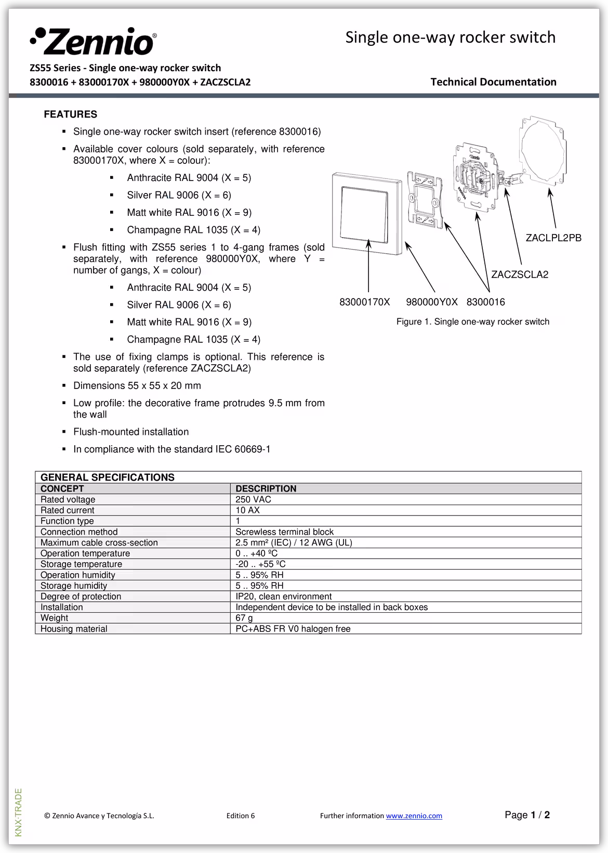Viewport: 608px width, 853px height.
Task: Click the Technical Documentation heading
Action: (493, 82)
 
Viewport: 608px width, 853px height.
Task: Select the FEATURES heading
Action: (70, 114)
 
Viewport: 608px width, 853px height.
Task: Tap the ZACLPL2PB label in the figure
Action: (553, 238)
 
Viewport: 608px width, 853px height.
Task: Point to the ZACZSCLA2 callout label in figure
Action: (520, 275)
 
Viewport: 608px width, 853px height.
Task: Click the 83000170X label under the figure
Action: (364, 302)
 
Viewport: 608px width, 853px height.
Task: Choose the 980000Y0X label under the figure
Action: (431, 302)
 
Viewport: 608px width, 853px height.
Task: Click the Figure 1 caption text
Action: (472, 322)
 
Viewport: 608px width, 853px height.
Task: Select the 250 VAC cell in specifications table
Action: (253, 499)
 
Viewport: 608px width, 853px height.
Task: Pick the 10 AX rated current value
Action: (247, 510)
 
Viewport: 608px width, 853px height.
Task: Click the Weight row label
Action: (55, 618)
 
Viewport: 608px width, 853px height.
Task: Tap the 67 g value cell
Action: (244, 618)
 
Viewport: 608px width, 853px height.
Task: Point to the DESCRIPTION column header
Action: (266, 489)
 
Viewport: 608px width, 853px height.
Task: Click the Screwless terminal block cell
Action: (284, 532)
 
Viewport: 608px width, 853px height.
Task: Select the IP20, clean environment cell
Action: (283, 597)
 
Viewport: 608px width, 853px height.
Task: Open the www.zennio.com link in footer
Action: (414, 816)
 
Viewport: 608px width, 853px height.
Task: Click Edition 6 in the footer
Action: (241, 816)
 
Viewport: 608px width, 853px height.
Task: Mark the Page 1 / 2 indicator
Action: (527, 815)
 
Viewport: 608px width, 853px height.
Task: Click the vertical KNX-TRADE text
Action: (19, 812)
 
